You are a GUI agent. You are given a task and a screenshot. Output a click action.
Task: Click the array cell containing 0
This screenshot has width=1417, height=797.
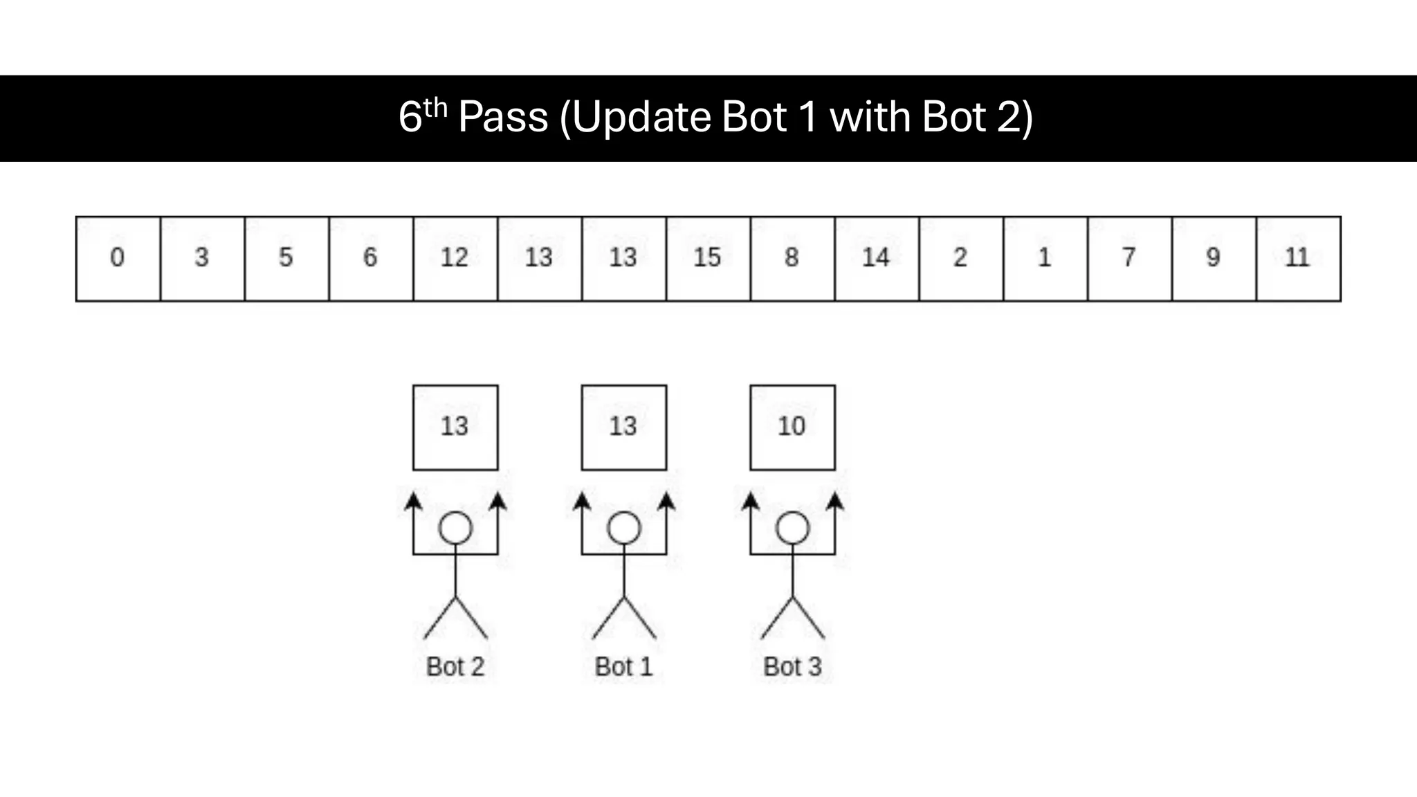click(x=118, y=259)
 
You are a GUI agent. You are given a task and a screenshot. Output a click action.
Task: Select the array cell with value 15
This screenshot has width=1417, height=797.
click(x=708, y=259)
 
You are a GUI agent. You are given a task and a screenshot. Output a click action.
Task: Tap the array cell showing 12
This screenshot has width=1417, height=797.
click(x=455, y=259)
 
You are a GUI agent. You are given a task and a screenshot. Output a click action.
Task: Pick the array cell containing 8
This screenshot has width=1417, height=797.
click(x=792, y=259)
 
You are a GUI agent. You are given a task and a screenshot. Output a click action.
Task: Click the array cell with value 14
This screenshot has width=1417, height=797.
click(x=877, y=259)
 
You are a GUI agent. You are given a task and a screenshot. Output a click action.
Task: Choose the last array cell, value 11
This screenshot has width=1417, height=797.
click(x=1298, y=259)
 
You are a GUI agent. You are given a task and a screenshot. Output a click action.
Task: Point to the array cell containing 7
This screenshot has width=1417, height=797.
click(x=1129, y=259)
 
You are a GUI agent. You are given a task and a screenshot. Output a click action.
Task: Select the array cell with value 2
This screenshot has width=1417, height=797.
click(x=961, y=259)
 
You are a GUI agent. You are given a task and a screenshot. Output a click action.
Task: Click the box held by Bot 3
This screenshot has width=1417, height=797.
click(x=792, y=428)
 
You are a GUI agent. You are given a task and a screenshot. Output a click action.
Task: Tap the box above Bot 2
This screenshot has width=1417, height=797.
click(x=455, y=428)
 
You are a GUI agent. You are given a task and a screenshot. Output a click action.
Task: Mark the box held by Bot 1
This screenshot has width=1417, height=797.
click(x=624, y=428)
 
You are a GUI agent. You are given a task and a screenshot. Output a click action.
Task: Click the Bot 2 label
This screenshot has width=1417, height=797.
click(x=455, y=667)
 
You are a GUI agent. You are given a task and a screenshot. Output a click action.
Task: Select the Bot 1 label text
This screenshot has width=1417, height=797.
click(x=624, y=667)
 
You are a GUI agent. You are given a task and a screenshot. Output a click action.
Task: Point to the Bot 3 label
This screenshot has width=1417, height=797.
click(x=792, y=667)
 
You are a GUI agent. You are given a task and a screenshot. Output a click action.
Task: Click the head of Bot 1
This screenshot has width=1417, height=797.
click(x=624, y=529)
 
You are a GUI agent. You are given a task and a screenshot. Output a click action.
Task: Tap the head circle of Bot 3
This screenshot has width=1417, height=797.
click(x=792, y=529)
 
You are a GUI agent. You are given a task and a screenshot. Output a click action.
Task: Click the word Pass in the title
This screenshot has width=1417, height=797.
click(x=503, y=117)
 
